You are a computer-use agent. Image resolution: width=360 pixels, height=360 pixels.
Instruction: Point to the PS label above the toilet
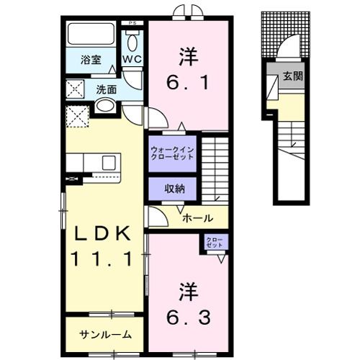tap(131, 24)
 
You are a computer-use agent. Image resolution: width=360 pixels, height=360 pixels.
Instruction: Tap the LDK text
tap(102, 235)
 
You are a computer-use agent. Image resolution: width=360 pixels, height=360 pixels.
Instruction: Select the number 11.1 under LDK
tap(102, 259)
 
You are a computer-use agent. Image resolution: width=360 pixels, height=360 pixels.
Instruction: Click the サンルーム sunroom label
tap(105, 334)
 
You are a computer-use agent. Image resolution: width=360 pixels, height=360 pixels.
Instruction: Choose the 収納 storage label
tap(173, 189)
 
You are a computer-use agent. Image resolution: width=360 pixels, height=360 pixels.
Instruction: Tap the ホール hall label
tap(196, 217)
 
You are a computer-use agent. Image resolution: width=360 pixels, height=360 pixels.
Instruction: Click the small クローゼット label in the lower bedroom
tap(215, 243)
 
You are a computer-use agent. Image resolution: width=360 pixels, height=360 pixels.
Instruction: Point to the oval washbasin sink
tap(105, 107)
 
